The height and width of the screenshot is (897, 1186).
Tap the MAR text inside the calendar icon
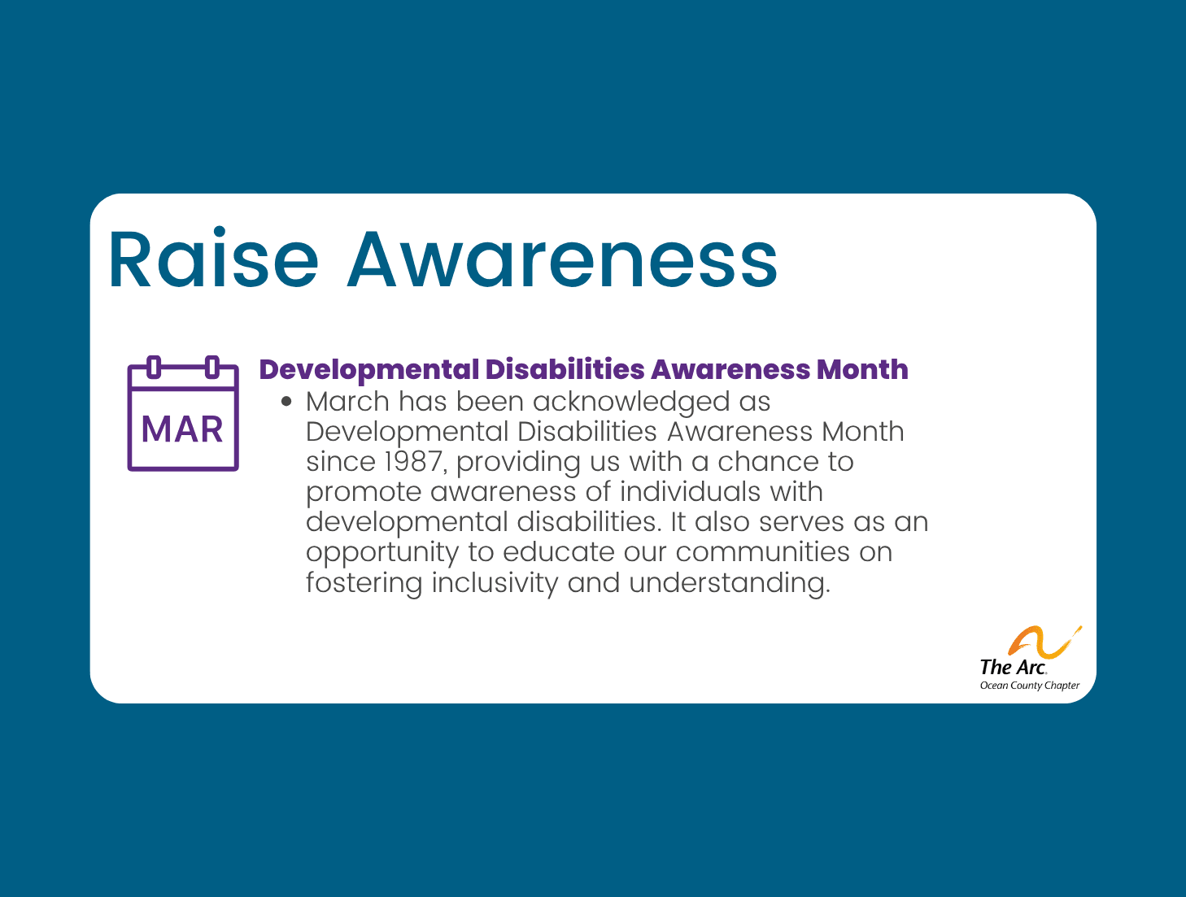pyautogui.click(x=182, y=429)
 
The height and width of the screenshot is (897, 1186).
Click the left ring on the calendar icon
pyautogui.click(x=154, y=368)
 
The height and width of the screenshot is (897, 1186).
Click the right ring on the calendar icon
pyautogui.click(x=211, y=368)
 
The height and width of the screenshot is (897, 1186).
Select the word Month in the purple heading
pyautogui.click(x=862, y=369)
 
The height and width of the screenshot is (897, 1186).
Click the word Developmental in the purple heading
pyautogui.click(x=368, y=370)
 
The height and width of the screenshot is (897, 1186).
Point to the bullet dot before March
pyautogui.click(x=286, y=402)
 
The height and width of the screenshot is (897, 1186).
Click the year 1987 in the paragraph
pyautogui.click(x=413, y=462)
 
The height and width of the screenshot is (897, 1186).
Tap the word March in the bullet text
pyautogui.click(x=347, y=402)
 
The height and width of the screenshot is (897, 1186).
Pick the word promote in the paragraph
pyautogui.click(x=364, y=493)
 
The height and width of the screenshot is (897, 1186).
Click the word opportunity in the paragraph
pyautogui.click(x=382, y=554)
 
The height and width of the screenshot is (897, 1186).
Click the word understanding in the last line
pyautogui.click(x=729, y=584)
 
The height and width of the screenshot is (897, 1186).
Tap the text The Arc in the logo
pyautogui.click(x=1013, y=668)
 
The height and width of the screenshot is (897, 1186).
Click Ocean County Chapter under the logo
pyautogui.click(x=1029, y=686)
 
